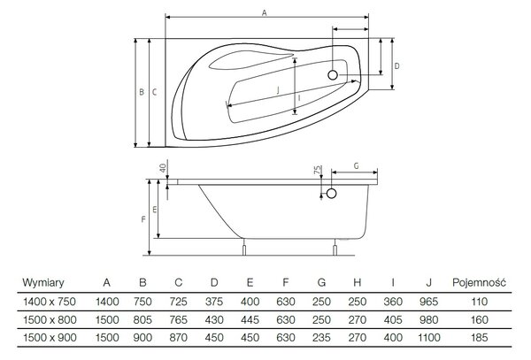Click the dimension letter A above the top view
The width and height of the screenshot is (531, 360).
[265, 13]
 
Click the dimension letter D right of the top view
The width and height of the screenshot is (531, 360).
[396, 66]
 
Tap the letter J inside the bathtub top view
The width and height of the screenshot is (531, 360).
[278, 90]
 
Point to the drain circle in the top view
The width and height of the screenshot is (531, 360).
[333, 75]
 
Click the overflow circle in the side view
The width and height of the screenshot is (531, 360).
[331, 194]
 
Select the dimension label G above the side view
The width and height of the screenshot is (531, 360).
[356, 166]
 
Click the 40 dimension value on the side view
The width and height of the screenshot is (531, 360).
[163, 168]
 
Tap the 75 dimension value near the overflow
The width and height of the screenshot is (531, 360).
[318, 170]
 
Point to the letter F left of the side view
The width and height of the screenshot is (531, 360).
[143, 219]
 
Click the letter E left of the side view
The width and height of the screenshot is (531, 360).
[154, 210]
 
